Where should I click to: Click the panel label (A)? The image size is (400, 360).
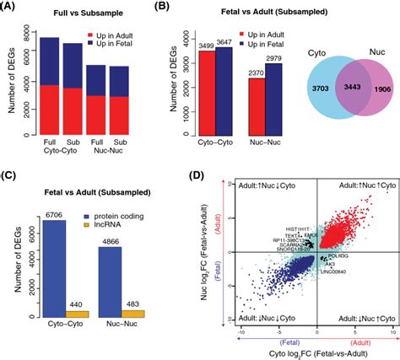coord(12,9)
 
